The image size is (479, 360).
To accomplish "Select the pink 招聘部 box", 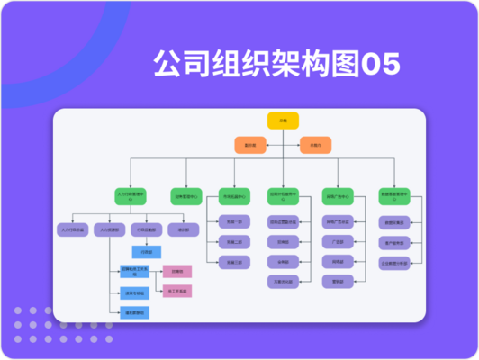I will tap(176, 271).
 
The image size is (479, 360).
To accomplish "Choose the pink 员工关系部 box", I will tap(176, 291).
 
